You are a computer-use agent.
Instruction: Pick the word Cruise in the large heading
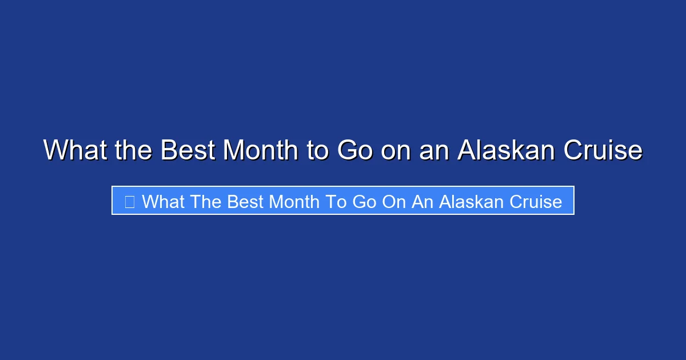click(x=603, y=150)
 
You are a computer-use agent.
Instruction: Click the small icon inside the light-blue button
click(x=130, y=201)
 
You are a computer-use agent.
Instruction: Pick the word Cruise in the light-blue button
click(x=536, y=201)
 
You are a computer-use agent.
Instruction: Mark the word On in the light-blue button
click(x=394, y=201)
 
